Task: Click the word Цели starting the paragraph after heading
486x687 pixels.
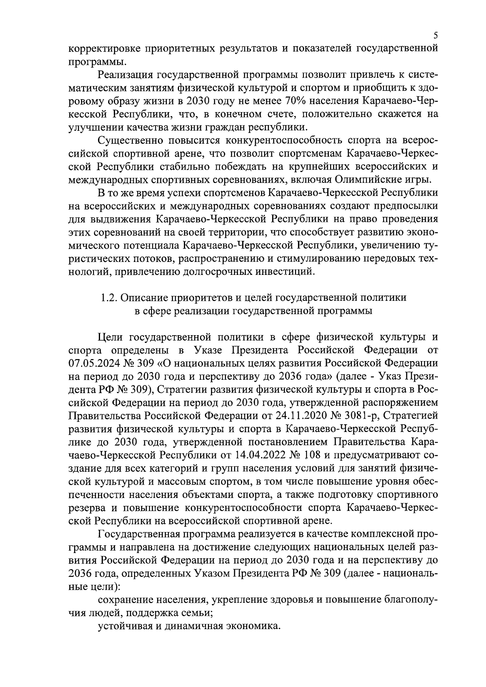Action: [x=109, y=337]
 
